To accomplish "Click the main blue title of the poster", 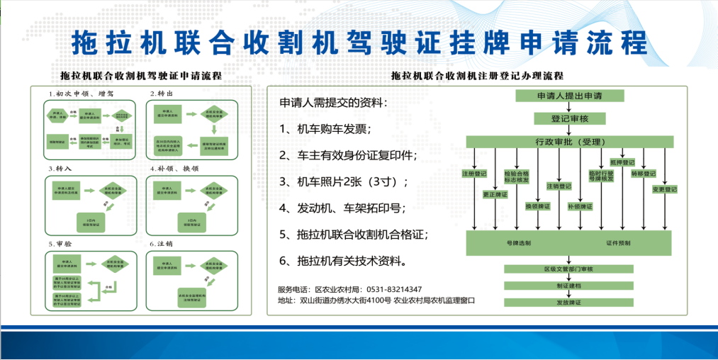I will pyautogui.click(x=359, y=43).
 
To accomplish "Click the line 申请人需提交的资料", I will pyautogui.click(x=334, y=103).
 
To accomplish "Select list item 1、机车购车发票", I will pyautogui.click(x=325, y=129).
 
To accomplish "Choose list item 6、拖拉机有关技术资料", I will pyautogui.click(x=344, y=261).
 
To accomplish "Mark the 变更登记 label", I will pyautogui.click(x=664, y=189).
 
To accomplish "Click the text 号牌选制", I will pyautogui.click(x=518, y=243).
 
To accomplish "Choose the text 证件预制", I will pyautogui.click(x=618, y=243).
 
